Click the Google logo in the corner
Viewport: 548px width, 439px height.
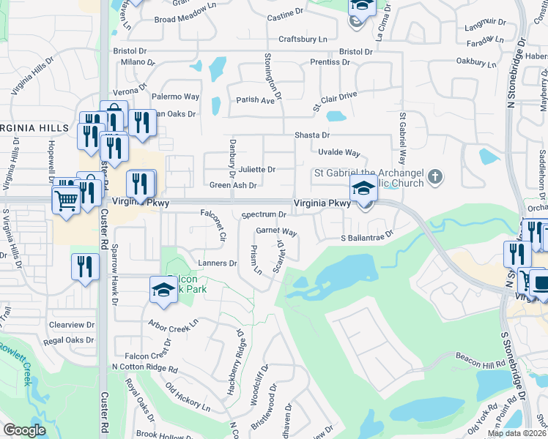coord(25,430)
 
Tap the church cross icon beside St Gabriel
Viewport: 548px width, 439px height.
coord(435,176)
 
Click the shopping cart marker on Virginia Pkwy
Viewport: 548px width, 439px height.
coord(66,199)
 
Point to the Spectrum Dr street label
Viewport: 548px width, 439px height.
coord(264,214)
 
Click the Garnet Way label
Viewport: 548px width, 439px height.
coord(276,232)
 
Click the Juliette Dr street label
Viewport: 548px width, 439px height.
coord(256,170)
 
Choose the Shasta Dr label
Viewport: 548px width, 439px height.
coord(312,135)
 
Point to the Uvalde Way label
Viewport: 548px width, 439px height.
coord(338,153)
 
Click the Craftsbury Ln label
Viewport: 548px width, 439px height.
coord(303,40)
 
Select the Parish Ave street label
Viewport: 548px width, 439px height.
coord(254,100)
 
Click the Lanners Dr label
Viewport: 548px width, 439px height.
coord(218,263)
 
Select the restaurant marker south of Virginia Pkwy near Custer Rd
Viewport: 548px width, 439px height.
coord(86,266)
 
